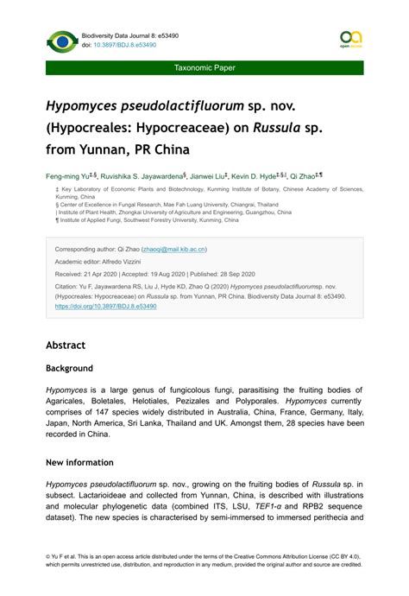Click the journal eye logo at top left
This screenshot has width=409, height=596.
61,41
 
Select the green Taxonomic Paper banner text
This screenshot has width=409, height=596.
204,67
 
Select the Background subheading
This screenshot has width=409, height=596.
74,368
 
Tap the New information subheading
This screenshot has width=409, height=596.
85,462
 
